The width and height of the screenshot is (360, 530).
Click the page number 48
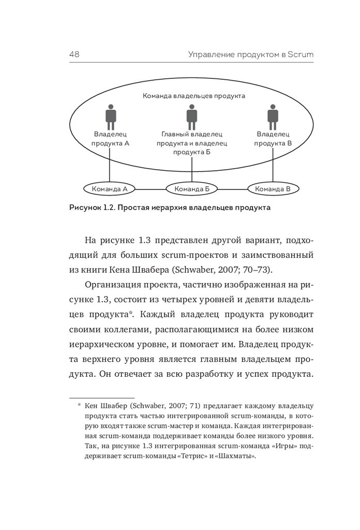click(72, 54)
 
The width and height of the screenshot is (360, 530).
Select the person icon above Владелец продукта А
click(110, 117)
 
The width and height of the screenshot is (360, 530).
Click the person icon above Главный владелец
click(191, 117)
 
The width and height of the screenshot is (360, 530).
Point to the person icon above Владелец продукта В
click(272, 117)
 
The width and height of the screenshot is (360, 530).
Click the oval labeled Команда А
click(109, 189)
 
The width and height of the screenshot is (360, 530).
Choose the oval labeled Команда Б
click(192, 189)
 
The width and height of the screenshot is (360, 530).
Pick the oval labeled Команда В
click(273, 189)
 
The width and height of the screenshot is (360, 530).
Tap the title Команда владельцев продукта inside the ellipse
click(193, 96)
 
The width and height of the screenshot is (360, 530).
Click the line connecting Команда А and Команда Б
click(150, 189)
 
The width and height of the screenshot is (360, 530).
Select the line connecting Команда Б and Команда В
click(233, 189)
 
